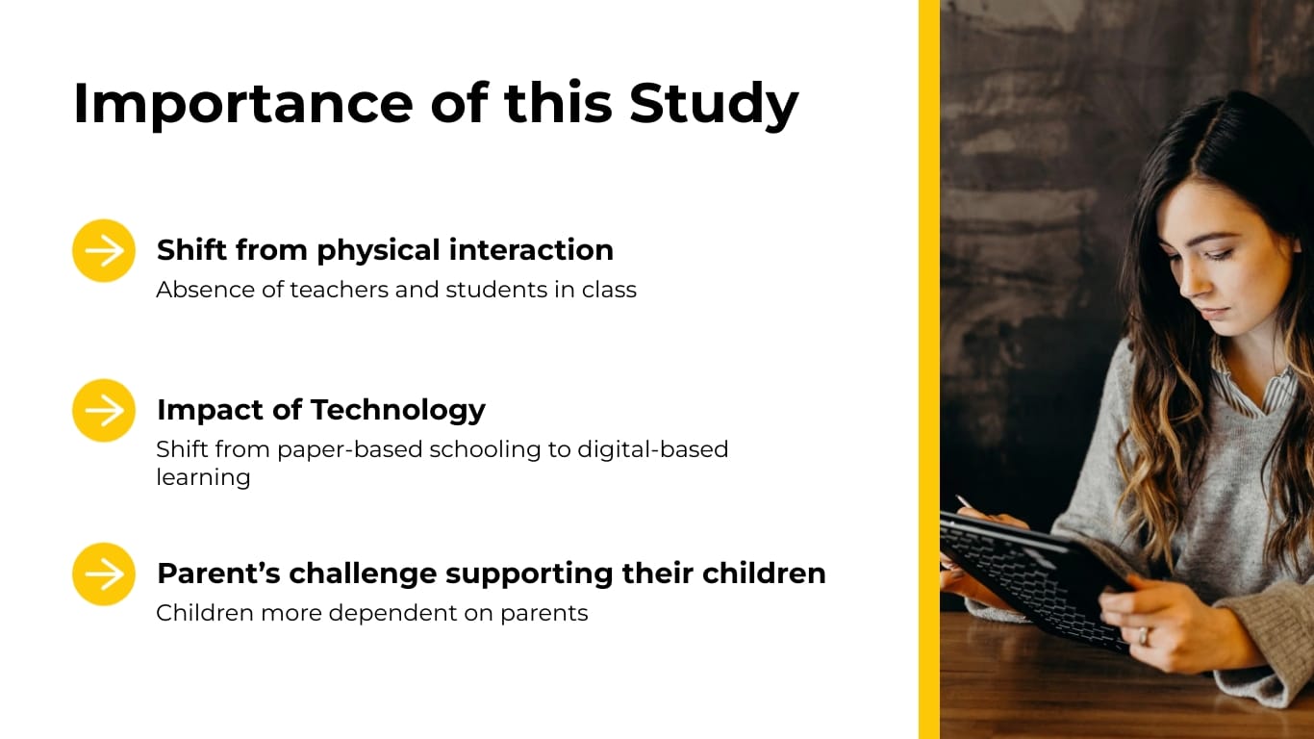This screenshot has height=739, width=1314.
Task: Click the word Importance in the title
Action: click(243, 103)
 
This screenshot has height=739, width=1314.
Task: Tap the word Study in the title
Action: click(714, 103)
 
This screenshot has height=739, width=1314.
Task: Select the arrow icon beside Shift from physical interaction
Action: click(104, 251)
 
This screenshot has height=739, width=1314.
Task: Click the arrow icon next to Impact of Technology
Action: click(104, 411)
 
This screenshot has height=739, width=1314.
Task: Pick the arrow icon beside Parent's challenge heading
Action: click(104, 574)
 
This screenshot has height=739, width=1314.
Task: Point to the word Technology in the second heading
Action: click(397, 410)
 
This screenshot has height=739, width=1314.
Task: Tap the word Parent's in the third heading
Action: click(218, 573)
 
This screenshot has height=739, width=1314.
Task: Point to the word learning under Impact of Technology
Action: click(203, 477)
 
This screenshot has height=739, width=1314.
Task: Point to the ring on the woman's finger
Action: click(1143, 636)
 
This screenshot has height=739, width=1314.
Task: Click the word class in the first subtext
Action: click(609, 290)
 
